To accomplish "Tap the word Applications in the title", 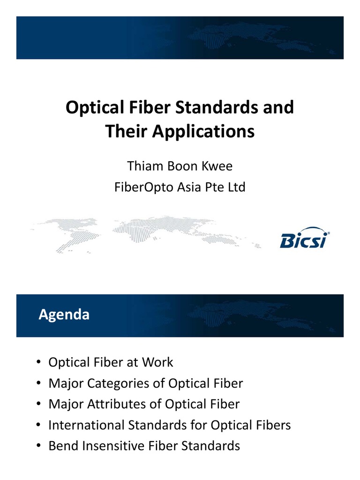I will pos(203,132).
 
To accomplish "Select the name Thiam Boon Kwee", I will pos(180,166).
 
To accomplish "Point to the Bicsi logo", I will pos(304,240).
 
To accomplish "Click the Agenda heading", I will pos(64,315).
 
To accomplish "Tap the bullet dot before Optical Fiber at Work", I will pos(37,363).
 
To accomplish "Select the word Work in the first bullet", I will pos(157,362).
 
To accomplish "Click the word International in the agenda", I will pos(87,425).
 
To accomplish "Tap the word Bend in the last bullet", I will pos(63,446).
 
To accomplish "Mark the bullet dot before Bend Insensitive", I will pos(37,446).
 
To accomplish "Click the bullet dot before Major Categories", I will pos(37,384).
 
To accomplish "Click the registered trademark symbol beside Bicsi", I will pos(328,232).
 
